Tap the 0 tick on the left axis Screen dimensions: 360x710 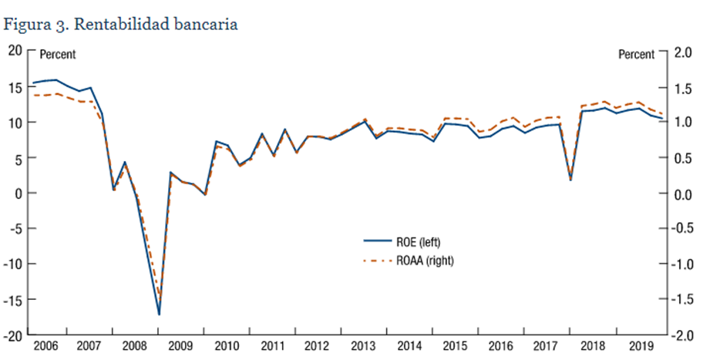(x=19, y=193)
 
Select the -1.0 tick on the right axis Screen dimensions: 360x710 (x=682, y=264)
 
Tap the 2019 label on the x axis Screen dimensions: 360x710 (x=639, y=346)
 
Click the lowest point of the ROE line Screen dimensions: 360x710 (x=159, y=315)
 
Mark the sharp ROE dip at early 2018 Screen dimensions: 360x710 (x=570, y=180)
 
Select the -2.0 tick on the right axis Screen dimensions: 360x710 (x=682, y=335)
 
